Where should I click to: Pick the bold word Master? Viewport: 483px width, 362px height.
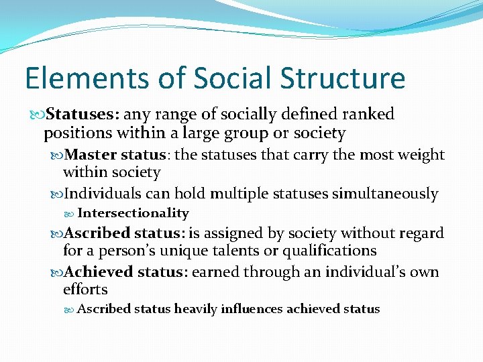93,155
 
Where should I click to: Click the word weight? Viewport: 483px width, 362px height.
420,155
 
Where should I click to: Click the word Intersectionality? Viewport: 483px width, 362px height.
133,213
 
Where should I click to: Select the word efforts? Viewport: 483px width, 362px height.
85,290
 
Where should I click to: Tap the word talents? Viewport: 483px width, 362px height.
262,251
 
